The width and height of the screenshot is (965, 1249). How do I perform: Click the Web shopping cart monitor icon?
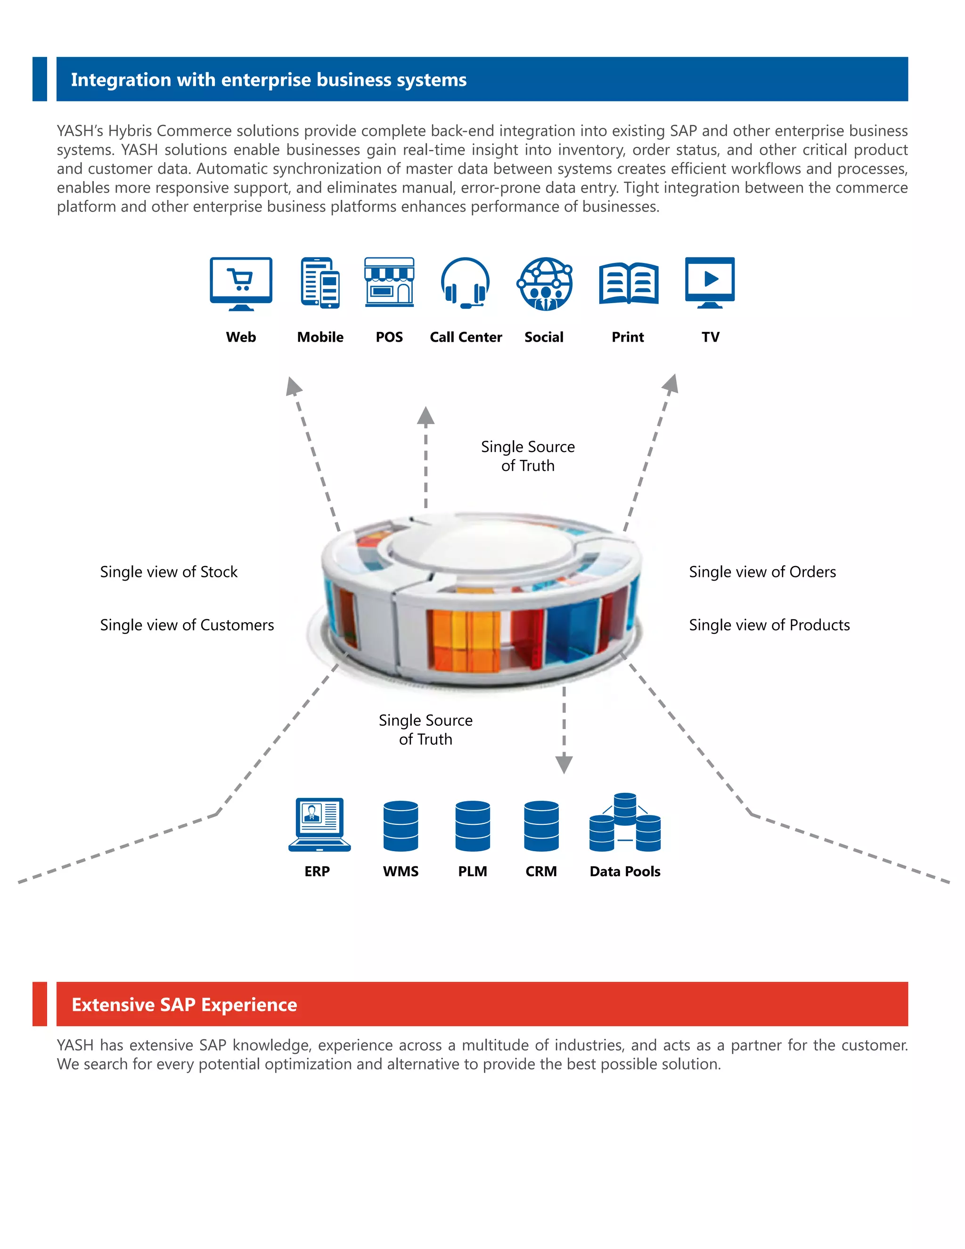pyautogui.click(x=241, y=283)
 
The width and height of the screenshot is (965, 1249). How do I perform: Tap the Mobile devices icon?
pyautogui.click(x=320, y=283)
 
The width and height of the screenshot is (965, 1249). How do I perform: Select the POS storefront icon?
pyautogui.click(x=389, y=282)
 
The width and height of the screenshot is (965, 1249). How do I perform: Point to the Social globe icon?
pyautogui.click(x=545, y=284)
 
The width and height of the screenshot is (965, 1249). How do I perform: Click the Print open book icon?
pyautogui.click(x=628, y=284)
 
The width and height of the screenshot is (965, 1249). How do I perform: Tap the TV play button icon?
pyautogui.click(x=710, y=282)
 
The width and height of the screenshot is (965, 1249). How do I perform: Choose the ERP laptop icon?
pyautogui.click(x=319, y=825)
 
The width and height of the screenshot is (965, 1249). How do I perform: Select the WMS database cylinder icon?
pyautogui.click(x=401, y=826)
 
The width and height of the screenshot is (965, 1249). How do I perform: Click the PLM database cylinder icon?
pyautogui.click(x=473, y=826)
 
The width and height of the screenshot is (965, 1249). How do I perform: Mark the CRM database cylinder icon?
pyautogui.click(x=541, y=826)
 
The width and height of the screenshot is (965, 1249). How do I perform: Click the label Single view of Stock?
pyautogui.click(x=169, y=572)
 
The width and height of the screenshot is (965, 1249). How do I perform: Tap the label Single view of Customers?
pyautogui.click(x=187, y=625)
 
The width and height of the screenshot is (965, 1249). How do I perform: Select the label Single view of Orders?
pyautogui.click(x=762, y=572)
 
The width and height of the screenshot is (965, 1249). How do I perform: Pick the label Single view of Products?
pyautogui.click(x=769, y=625)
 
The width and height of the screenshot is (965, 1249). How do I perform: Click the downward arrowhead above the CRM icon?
pyautogui.click(x=564, y=763)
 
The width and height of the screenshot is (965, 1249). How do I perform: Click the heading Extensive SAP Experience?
pyautogui.click(x=184, y=1005)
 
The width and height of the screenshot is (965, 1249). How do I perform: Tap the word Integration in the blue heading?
pyautogui.click(x=121, y=80)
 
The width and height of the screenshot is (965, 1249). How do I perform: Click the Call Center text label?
pyautogui.click(x=466, y=337)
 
